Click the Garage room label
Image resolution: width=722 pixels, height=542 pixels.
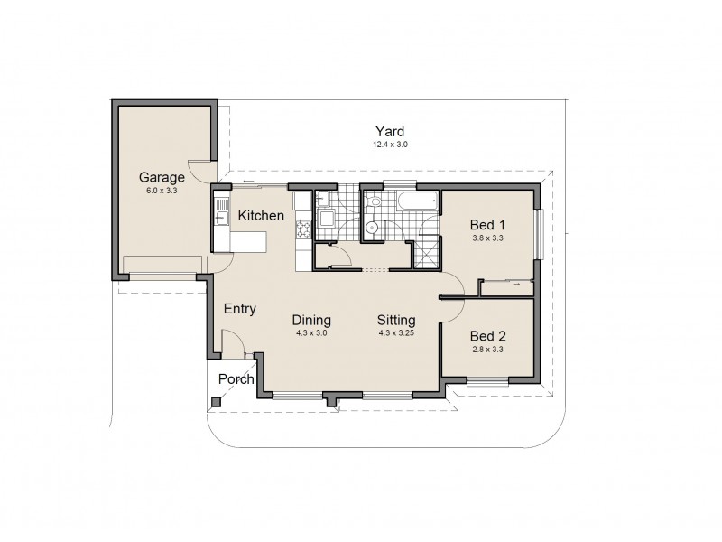click(x=162, y=177)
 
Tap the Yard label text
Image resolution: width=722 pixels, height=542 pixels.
click(x=390, y=131)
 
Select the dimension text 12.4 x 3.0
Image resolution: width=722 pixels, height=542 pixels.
click(x=390, y=145)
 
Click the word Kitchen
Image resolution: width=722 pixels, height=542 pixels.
click(x=262, y=216)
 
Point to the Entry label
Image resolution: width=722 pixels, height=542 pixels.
click(x=240, y=309)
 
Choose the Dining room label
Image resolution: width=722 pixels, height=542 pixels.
click(x=312, y=320)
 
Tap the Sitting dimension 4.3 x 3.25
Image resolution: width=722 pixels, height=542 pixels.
click(x=396, y=332)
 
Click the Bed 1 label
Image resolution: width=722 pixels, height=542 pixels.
click(x=487, y=225)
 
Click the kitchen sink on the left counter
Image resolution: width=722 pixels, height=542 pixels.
click(x=219, y=215)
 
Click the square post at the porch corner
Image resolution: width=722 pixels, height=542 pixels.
click(x=216, y=402)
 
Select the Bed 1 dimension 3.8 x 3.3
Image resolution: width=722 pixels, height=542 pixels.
click(x=487, y=238)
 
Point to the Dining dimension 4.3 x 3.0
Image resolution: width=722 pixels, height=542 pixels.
click(x=312, y=332)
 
